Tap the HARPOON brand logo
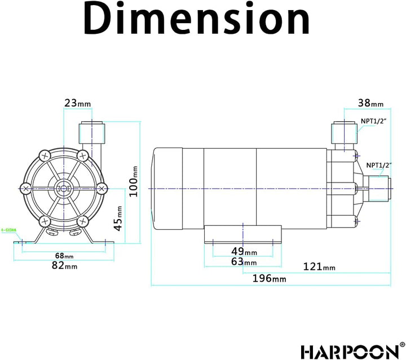coord(349,350)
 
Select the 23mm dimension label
coord(77,103)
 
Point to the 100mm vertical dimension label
coord(134,181)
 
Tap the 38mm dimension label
coord(370,103)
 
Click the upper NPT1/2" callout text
coord(374,121)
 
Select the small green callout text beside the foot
coord(8,230)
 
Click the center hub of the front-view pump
coord(63,187)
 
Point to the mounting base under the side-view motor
coord(242,233)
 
